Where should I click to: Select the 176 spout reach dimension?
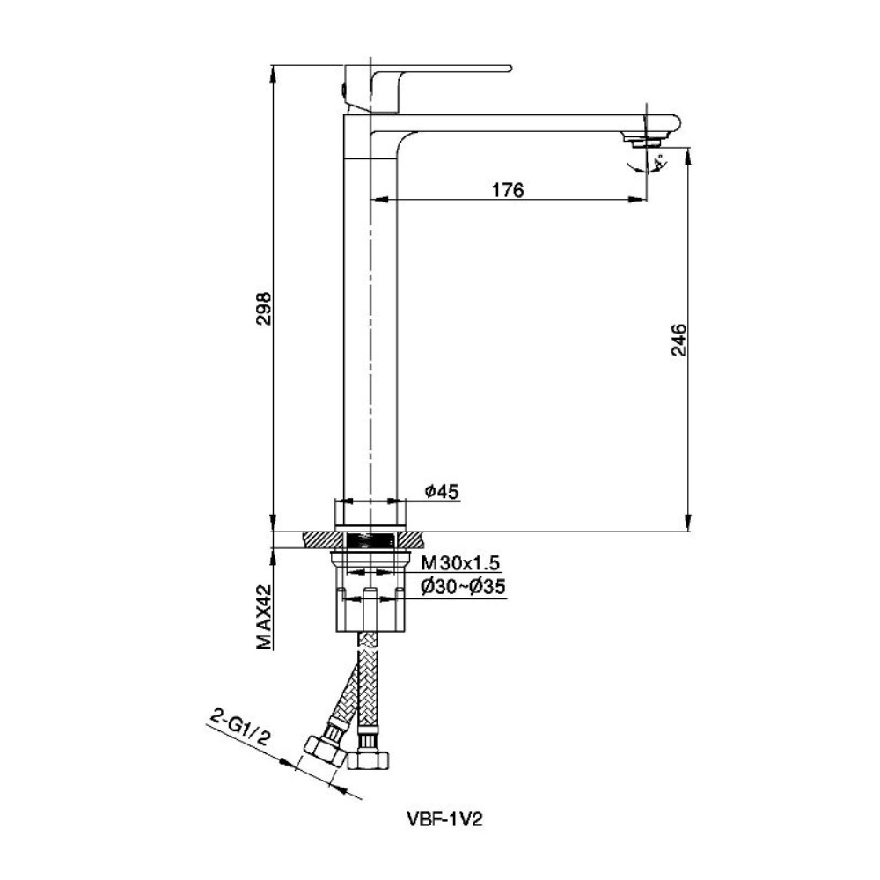click(508, 190)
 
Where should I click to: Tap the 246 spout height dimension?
click(678, 339)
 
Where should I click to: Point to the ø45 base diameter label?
click(442, 492)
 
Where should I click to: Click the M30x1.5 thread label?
click(461, 562)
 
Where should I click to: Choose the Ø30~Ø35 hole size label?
click(463, 587)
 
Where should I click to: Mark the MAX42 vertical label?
click(264, 618)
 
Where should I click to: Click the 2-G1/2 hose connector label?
click(239, 728)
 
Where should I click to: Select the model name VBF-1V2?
click(444, 820)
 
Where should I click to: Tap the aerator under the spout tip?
click(644, 142)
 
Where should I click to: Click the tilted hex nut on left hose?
click(325, 751)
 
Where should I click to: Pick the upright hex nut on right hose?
click(368, 760)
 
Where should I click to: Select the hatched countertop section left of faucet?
click(322, 540)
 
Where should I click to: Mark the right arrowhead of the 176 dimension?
click(636, 199)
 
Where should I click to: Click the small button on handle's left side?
click(342, 89)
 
